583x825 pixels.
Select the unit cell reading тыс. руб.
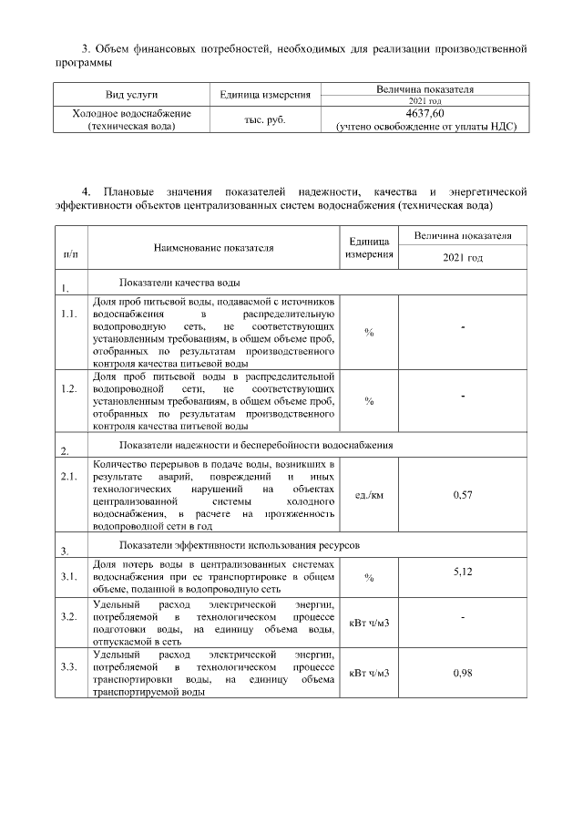pyautogui.click(x=265, y=119)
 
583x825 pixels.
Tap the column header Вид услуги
pyautogui.click(x=131, y=95)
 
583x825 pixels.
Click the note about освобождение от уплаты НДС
pyautogui.click(x=425, y=127)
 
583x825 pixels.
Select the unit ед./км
pyautogui.click(x=369, y=495)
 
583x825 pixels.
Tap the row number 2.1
pyautogui.click(x=68, y=476)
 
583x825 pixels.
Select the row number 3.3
pyautogui.click(x=68, y=667)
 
